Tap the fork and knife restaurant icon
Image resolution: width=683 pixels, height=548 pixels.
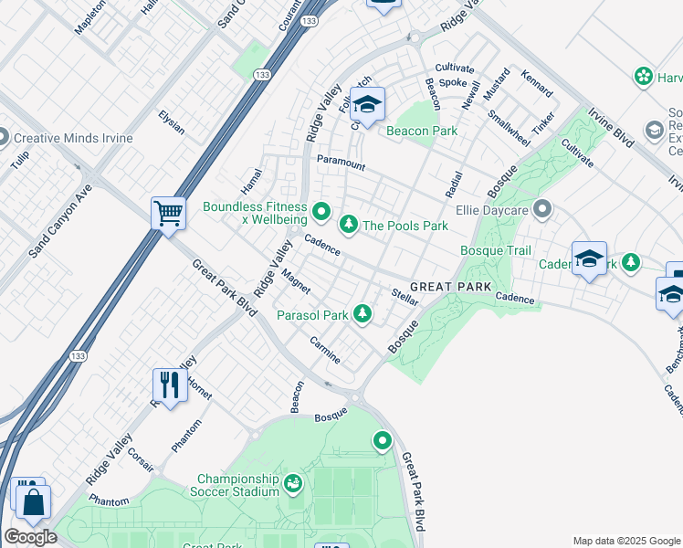coord(168,385)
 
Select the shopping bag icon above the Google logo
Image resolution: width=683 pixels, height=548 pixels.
coord(34,502)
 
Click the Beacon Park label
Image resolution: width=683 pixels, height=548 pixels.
coord(421,132)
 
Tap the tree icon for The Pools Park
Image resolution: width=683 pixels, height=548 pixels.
coord(348,224)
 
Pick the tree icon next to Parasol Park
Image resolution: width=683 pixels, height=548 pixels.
coord(363,314)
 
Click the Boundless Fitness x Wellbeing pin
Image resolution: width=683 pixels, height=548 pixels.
coord(320,213)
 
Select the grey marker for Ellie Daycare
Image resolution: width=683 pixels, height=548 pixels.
coord(543,211)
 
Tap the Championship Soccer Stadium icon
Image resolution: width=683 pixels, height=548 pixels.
coord(293,482)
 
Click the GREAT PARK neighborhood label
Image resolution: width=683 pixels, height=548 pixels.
coord(445,286)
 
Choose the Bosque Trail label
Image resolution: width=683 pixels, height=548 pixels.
coord(495,250)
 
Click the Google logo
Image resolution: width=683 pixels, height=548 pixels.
coord(30,537)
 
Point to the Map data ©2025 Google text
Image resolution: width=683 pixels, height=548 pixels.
coord(626,541)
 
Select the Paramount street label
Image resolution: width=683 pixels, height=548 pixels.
coord(341,163)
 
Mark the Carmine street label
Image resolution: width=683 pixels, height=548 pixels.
coord(325,350)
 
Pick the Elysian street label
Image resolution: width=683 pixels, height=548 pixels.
coord(172,122)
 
